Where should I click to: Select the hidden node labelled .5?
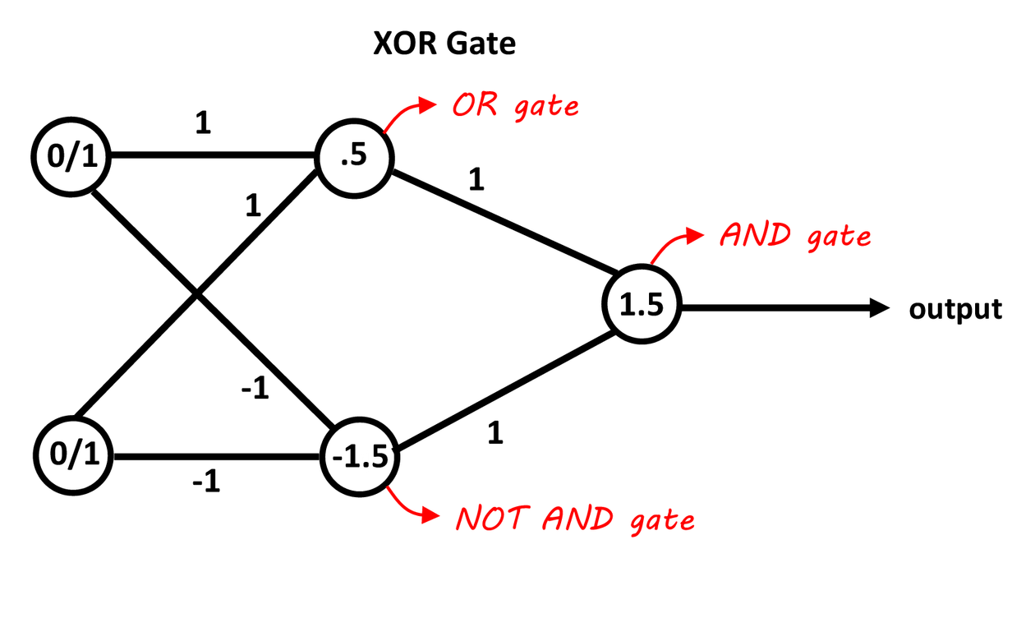pyautogui.click(x=355, y=157)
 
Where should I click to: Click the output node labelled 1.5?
pyautogui.click(x=642, y=307)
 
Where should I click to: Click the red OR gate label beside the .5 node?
pyautogui.click(x=514, y=107)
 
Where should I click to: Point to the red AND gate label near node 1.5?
pyautogui.click(x=794, y=237)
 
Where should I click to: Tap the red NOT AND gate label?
pyautogui.click(x=575, y=519)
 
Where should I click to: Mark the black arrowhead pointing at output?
pyautogui.click(x=880, y=308)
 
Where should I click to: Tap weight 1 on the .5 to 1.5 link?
pyautogui.click(x=475, y=180)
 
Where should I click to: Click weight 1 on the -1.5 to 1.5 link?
pyautogui.click(x=494, y=433)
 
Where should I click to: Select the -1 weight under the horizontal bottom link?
pyautogui.click(x=206, y=482)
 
